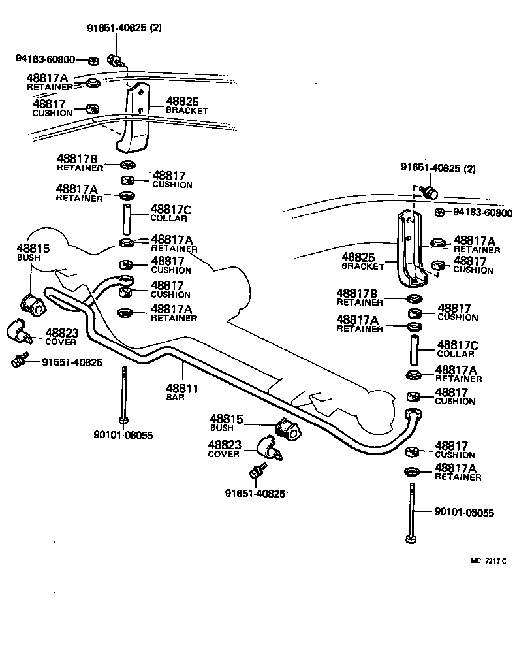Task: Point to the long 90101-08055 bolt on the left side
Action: (123, 395)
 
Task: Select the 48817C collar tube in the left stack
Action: (127, 219)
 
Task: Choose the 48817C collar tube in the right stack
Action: (413, 349)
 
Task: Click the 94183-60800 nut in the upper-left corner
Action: (93, 61)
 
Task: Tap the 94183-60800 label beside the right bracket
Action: (482, 213)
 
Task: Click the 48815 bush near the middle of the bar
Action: (287, 428)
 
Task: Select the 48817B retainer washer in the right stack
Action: (413, 299)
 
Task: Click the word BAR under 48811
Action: (175, 397)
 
